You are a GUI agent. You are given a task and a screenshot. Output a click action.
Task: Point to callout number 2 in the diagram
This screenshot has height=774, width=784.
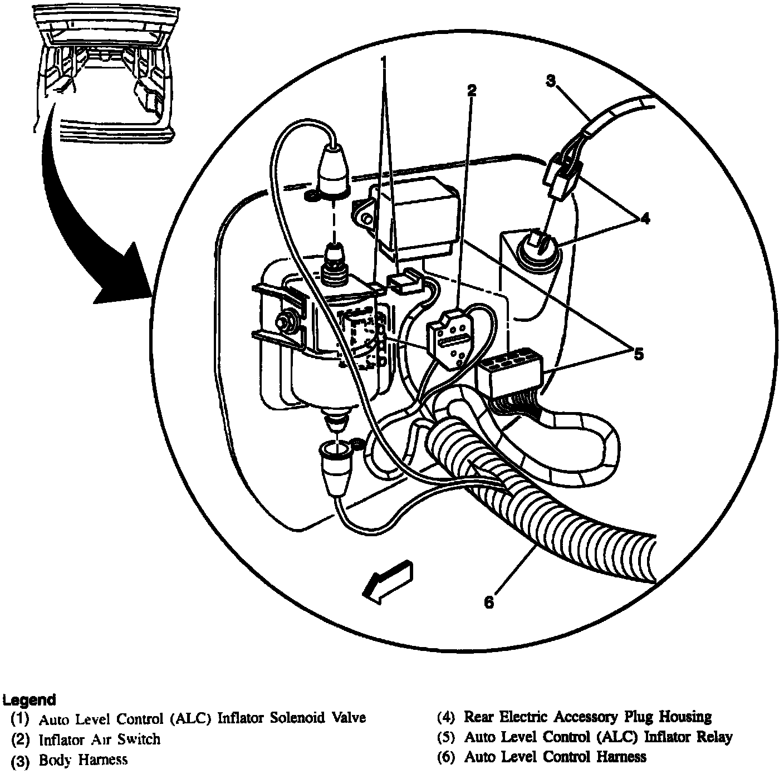[472, 91]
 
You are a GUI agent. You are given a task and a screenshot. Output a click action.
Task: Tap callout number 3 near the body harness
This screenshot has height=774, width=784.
[550, 81]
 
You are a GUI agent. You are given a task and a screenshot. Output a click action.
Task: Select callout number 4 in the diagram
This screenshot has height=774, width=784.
[644, 219]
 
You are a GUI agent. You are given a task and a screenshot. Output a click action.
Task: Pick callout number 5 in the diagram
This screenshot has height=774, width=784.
[638, 354]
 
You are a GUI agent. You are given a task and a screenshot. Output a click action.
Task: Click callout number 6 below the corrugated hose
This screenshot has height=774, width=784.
[488, 602]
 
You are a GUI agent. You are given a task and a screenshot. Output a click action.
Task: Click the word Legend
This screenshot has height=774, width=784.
[29, 700]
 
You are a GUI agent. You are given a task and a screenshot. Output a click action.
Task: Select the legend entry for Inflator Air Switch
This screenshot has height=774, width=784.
[86, 739]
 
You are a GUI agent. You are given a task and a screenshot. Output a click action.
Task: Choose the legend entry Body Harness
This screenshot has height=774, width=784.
[70, 760]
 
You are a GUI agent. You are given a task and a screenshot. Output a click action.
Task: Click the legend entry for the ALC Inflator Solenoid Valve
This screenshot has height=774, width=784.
[189, 718]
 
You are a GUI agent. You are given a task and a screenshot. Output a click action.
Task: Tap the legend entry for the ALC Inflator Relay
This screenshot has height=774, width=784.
[585, 737]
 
